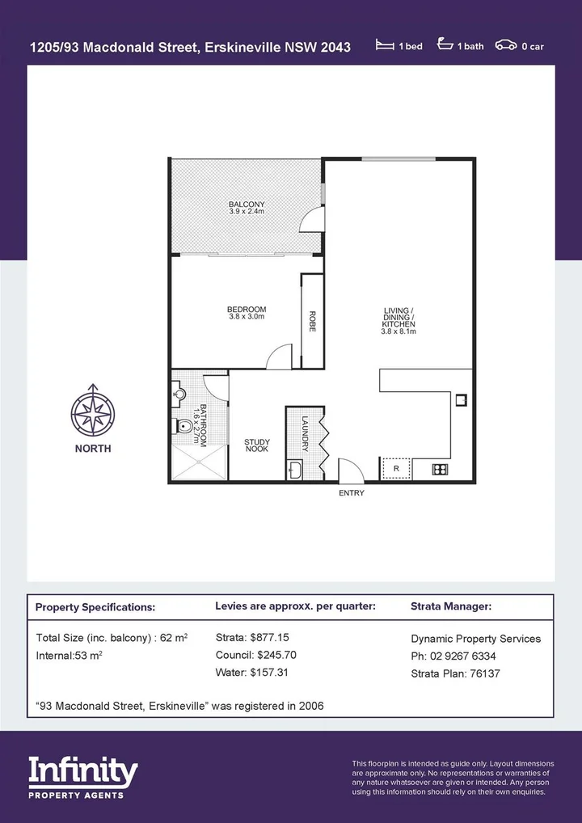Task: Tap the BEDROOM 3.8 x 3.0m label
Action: [x=247, y=313]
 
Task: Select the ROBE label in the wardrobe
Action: [x=312, y=322]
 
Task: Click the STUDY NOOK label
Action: [x=257, y=445]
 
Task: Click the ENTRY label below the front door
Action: [x=352, y=493]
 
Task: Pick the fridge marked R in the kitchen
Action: [x=396, y=469]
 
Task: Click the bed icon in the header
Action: [x=385, y=46]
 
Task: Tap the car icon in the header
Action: [x=506, y=46]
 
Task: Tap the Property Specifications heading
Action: [x=95, y=606]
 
